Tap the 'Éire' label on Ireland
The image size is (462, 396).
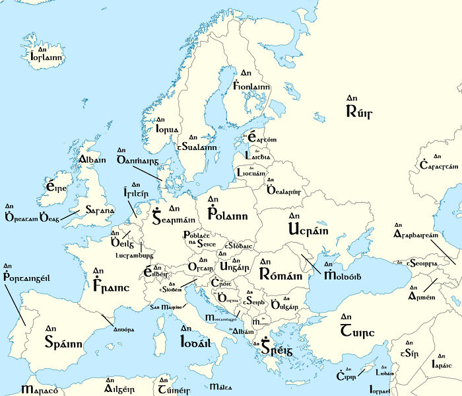[53, 187]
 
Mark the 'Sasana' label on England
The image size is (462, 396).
[97, 211]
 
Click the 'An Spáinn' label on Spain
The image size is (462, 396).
[63, 338]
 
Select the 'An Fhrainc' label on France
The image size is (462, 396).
[110, 284]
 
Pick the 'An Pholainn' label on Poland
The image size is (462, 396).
[226, 211]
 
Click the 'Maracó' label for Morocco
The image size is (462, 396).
[39, 389]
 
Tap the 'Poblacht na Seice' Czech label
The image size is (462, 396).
[197, 239]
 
